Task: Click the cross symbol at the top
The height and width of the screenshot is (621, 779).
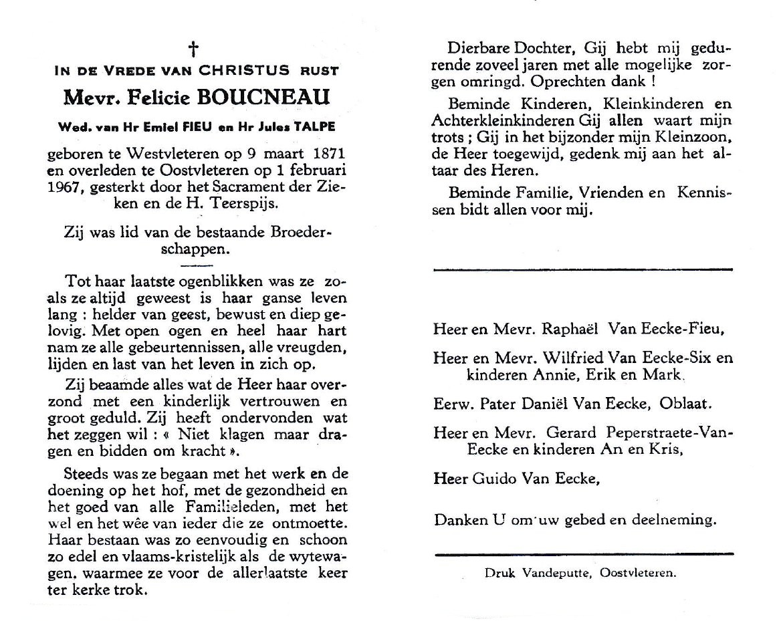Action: (x=193, y=49)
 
